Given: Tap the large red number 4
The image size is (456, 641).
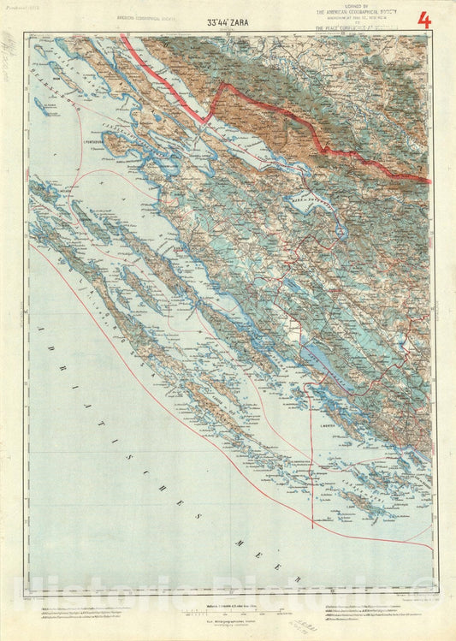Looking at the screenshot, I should pos(423,19).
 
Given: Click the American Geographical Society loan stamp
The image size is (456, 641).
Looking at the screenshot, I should pos(363,18).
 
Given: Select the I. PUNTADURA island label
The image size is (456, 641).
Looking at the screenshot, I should pos(93,142).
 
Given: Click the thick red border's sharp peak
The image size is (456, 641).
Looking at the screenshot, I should pos(224,86).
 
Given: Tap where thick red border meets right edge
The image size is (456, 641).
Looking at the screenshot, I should pos(428,181).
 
